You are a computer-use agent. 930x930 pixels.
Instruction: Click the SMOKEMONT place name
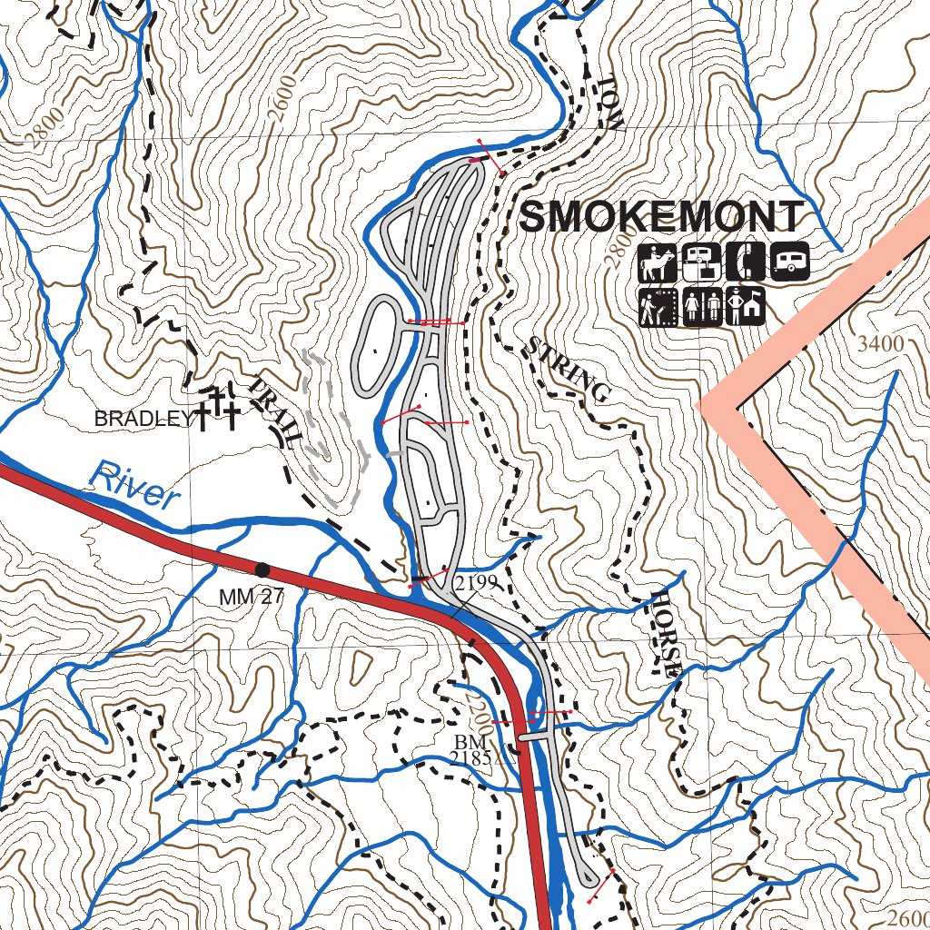[x=661, y=218]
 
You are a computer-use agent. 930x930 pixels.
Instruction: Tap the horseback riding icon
[x=657, y=263]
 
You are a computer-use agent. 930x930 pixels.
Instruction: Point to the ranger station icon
[x=745, y=307]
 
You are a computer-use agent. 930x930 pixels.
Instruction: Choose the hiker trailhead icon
[x=657, y=307]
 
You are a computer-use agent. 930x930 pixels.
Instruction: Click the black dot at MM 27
[x=262, y=569]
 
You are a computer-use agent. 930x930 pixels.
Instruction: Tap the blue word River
[x=134, y=485]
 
